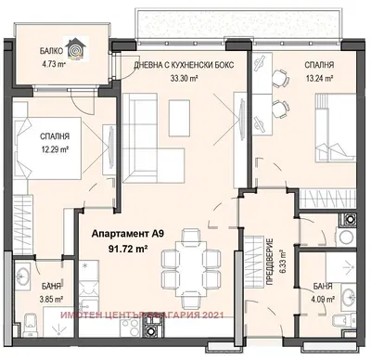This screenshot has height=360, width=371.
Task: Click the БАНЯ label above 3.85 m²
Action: click(x=50, y=288)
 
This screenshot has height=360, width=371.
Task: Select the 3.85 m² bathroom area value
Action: click(x=50, y=300)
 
